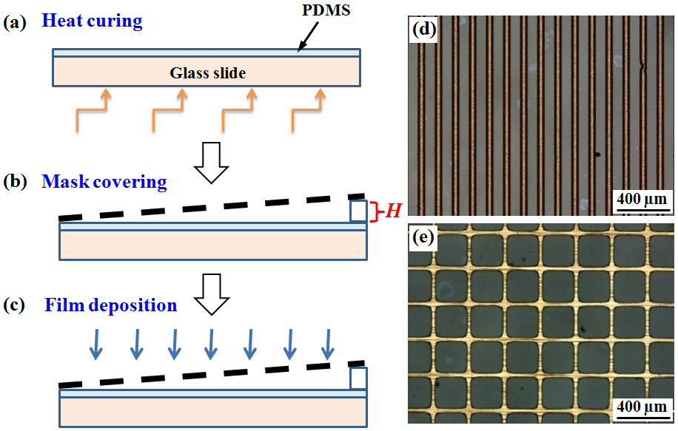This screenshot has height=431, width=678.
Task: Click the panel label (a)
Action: click(x=15, y=22)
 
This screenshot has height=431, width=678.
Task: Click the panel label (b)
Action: click(x=15, y=182)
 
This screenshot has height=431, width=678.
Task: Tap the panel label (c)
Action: click(x=14, y=305)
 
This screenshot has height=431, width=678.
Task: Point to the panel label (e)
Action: click(x=423, y=237)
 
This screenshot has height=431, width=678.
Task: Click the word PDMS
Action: click(x=326, y=10)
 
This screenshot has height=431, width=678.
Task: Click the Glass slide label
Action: click(x=207, y=73)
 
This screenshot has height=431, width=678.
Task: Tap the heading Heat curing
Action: click(x=92, y=21)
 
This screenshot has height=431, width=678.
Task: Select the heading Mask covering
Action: click(x=104, y=182)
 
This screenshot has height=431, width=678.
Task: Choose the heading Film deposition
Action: click(x=111, y=305)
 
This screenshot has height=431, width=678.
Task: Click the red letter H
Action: click(x=394, y=211)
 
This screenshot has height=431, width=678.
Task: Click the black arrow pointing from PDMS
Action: click(x=309, y=37)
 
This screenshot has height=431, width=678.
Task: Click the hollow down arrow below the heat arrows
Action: click(x=211, y=163)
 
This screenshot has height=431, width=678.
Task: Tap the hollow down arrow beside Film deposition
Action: click(x=211, y=294)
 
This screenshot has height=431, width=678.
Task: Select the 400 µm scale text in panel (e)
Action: click(x=642, y=407)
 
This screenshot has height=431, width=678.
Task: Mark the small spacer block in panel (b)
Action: click(x=358, y=211)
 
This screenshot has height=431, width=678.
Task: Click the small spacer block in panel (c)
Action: click(x=358, y=379)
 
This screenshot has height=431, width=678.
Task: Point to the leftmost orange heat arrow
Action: click(x=92, y=110)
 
